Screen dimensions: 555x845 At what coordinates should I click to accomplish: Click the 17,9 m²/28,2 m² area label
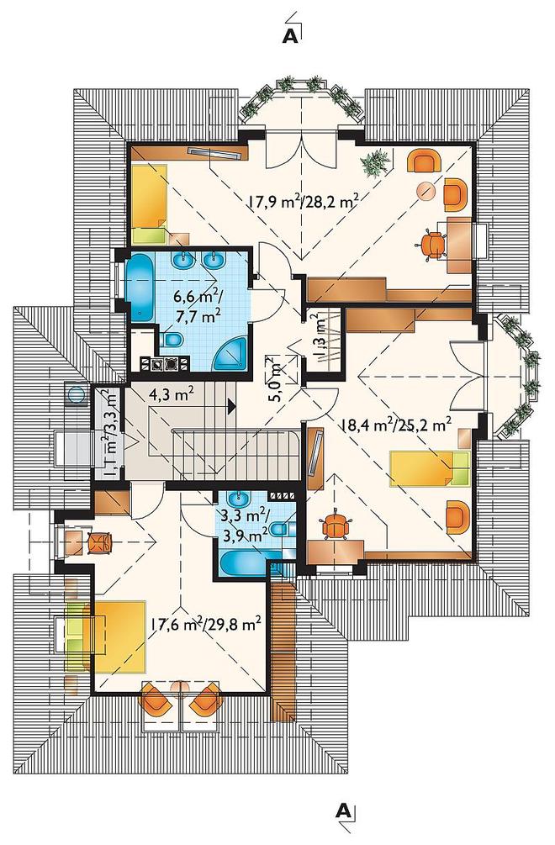(304, 202)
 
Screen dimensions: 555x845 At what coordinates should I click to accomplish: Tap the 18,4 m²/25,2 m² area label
(396, 425)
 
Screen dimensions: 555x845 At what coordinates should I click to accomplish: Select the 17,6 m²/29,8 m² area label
(206, 625)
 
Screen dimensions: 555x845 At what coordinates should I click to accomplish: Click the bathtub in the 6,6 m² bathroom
(139, 288)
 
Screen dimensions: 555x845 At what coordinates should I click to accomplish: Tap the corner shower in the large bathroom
(230, 354)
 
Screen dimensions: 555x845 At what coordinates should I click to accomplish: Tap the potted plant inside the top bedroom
(376, 162)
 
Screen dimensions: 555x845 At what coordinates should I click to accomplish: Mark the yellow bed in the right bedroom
(430, 469)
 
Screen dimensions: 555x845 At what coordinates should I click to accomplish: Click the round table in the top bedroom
(429, 191)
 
